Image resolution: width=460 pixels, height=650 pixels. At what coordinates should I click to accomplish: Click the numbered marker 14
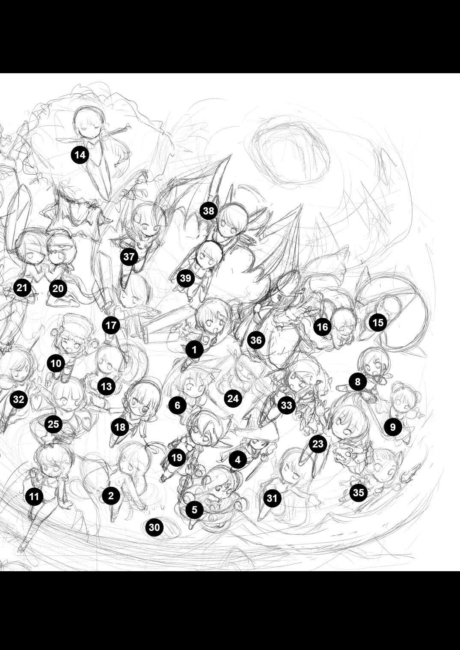coord(80,155)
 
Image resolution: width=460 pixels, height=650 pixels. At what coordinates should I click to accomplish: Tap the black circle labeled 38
coord(208,211)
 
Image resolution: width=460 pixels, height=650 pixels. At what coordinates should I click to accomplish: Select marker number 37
coord(129,256)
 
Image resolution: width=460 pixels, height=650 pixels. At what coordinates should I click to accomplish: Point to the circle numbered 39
coord(186,278)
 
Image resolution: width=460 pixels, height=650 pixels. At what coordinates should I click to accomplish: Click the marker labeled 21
coord(22,288)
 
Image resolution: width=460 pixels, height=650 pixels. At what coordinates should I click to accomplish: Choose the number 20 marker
coord(58,289)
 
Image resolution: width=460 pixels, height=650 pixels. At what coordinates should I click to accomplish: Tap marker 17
coord(111,325)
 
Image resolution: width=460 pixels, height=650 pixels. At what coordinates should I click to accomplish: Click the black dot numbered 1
coord(194,350)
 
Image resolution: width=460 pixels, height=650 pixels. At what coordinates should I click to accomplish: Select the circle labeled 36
coord(256,340)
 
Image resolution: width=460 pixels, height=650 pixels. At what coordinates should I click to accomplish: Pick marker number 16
coord(322,327)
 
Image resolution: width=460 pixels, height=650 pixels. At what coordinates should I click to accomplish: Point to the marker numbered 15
coord(378,322)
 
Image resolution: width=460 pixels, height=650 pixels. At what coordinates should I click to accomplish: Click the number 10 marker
coord(56,363)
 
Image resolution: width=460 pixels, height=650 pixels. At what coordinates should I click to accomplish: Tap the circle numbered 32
coord(18,399)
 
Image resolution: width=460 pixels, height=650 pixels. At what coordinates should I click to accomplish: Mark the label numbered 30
coord(154,527)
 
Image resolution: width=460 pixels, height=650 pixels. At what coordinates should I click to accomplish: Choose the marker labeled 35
coord(359,492)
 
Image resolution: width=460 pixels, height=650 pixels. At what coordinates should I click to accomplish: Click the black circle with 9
coord(393,427)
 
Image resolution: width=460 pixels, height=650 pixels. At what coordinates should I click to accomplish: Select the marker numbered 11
coord(34,497)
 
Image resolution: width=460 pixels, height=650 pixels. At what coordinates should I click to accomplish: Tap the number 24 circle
coord(233,398)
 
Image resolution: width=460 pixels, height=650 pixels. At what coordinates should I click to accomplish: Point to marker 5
coord(194,510)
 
